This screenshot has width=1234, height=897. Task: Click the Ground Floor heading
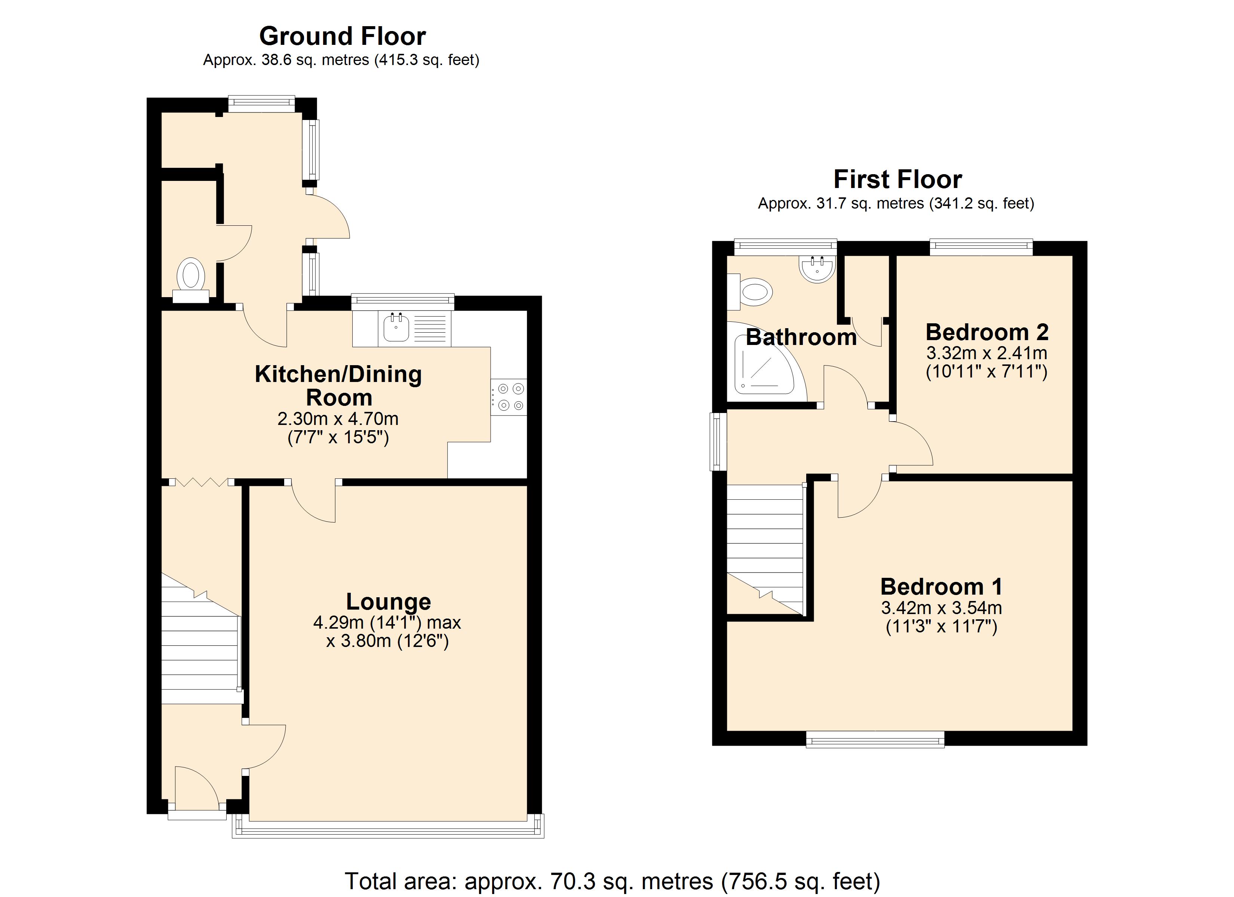pos(342,37)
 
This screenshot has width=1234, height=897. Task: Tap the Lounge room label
pos(389,602)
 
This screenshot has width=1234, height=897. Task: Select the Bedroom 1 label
pos(941,587)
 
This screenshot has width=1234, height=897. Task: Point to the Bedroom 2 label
pos(987,332)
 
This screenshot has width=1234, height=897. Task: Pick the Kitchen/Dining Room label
pos(338,386)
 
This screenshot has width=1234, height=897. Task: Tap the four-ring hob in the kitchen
pos(509,397)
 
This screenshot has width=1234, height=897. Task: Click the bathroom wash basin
pos(817,269)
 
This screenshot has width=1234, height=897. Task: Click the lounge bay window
pos(387,828)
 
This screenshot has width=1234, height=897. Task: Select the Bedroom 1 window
pos(875,739)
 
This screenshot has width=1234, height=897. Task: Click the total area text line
pos(612,881)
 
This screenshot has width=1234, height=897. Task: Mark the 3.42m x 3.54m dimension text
pos(941,608)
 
